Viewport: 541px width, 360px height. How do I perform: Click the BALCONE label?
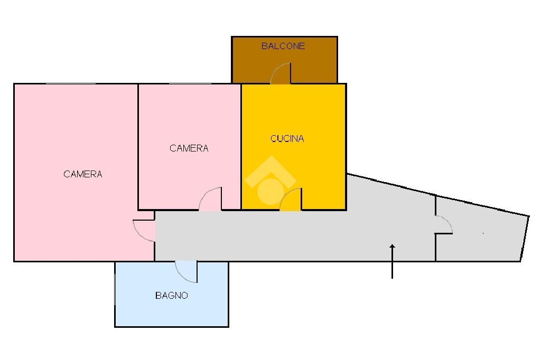click(283, 46)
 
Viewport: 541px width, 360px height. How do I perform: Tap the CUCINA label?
click(287, 139)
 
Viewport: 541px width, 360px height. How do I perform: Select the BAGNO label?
click(172, 296)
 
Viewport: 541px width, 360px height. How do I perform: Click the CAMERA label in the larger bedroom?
click(83, 174)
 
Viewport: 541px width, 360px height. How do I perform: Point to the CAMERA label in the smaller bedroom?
click(189, 148)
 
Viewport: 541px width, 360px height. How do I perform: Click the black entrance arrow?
click(392, 261)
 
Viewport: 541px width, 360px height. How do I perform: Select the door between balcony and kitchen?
click(281, 73)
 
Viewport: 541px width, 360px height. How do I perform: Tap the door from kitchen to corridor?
click(291, 199)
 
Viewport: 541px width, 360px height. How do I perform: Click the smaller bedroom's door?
click(210, 198)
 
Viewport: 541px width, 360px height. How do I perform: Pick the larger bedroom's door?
click(144, 230)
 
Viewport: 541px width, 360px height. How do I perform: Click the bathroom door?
click(186, 272)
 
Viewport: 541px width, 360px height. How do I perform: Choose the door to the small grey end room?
click(444, 225)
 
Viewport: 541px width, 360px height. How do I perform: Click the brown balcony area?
click(284, 60)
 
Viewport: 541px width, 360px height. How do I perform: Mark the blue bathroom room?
click(172, 294)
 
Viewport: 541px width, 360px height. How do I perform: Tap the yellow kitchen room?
click(294, 147)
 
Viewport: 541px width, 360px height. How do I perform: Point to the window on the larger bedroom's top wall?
click(71, 84)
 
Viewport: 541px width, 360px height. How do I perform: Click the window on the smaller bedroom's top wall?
click(190, 84)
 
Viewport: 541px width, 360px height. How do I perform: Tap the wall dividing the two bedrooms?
click(138, 147)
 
